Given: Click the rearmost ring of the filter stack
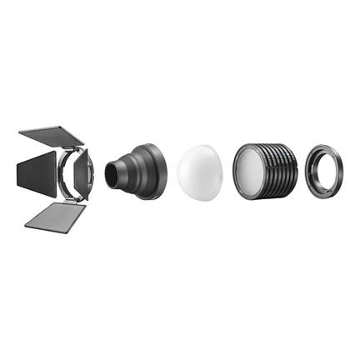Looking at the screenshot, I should pyautogui.click(x=297, y=171).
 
